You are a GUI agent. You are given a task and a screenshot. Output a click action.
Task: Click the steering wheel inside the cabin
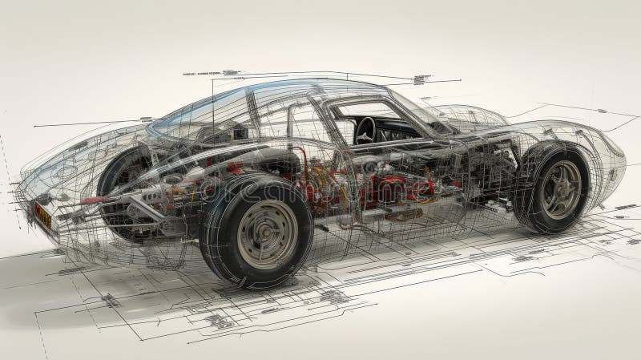coord(366,129)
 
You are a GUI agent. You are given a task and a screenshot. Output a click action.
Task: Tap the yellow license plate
coord(42,214)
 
